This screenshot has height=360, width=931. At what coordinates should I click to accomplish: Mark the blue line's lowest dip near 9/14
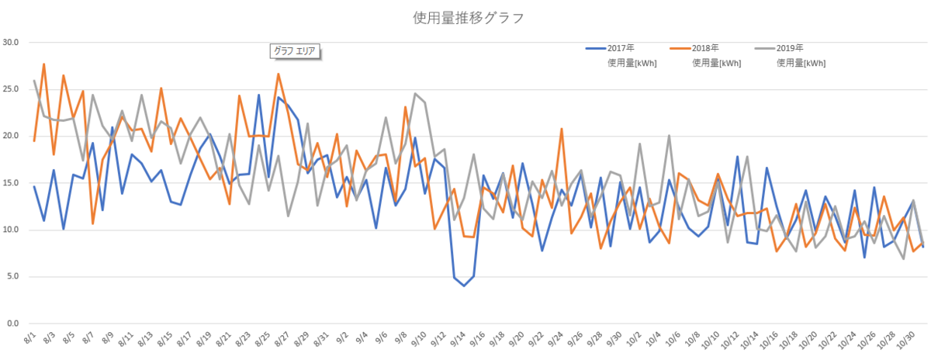pyautogui.click(x=464, y=286)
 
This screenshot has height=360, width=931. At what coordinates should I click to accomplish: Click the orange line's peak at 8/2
pyautogui.click(x=44, y=64)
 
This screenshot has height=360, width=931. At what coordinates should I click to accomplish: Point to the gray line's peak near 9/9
pyautogui.click(x=415, y=94)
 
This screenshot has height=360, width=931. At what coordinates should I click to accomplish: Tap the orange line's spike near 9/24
pyautogui.click(x=561, y=129)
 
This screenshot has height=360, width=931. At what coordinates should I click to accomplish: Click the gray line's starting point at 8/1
pyautogui.click(x=34, y=81)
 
